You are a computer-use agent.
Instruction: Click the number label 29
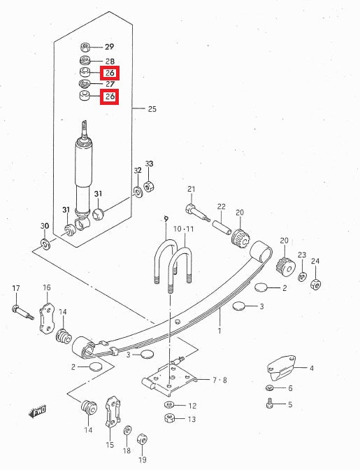click(109, 48)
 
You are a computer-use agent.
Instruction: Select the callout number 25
click(152, 109)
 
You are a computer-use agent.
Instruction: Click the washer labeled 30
click(45, 244)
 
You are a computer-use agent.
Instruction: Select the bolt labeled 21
click(192, 208)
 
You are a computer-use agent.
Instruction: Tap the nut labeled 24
click(315, 283)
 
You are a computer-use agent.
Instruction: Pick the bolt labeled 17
click(20, 311)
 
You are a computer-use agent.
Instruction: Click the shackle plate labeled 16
click(45, 318)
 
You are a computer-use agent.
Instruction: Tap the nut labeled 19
click(141, 439)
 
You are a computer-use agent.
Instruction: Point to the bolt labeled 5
click(270, 403)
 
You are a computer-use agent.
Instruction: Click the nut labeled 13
click(169, 418)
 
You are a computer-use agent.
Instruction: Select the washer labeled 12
click(170, 405)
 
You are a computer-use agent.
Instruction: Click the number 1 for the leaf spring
click(219, 329)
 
